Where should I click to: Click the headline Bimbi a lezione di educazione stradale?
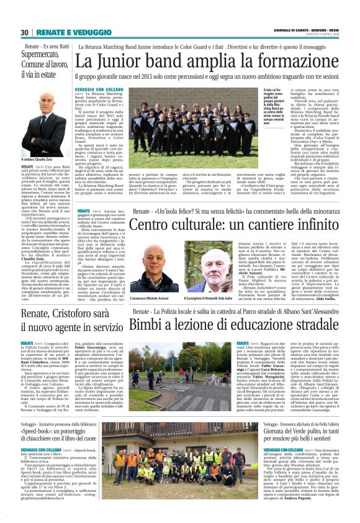point(225,324)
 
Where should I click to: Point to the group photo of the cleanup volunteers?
point(171,457)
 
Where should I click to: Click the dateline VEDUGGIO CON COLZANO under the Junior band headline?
point(100,89)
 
